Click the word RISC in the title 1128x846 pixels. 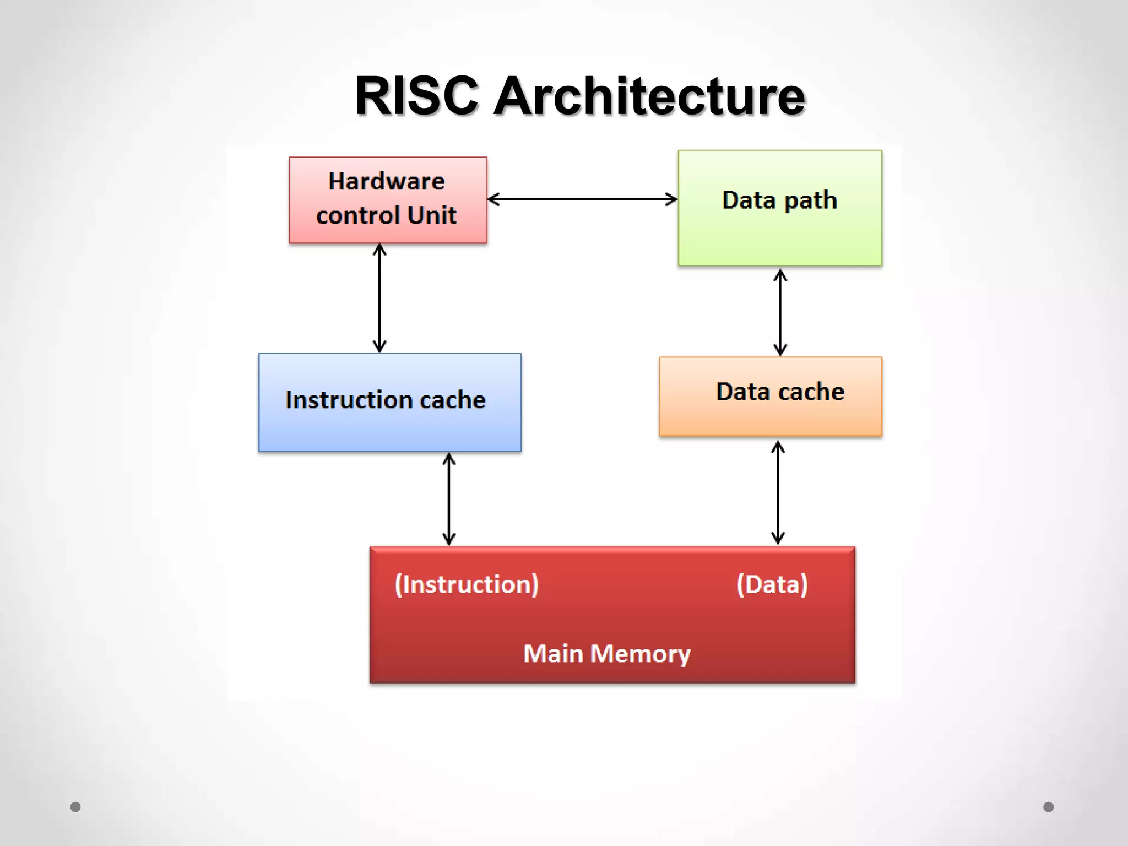click(416, 96)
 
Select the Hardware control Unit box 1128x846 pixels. click(388, 200)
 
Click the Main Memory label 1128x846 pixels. click(606, 654)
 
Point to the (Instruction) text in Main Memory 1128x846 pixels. click(467, 584)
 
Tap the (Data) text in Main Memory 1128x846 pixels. click(772, 584)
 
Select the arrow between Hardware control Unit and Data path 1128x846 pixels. click(582, 199)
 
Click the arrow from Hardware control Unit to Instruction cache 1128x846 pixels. click(379, 298)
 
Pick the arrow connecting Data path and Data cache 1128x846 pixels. click(780, 312)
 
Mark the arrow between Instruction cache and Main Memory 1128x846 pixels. click(449, 499)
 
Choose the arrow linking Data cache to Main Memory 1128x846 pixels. click(778, 492)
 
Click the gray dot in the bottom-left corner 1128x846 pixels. click(75, 807)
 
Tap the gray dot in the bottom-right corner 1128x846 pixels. click(1048, 807)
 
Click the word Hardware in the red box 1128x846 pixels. click(386, 181)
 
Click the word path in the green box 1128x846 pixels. click(810, 200)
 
